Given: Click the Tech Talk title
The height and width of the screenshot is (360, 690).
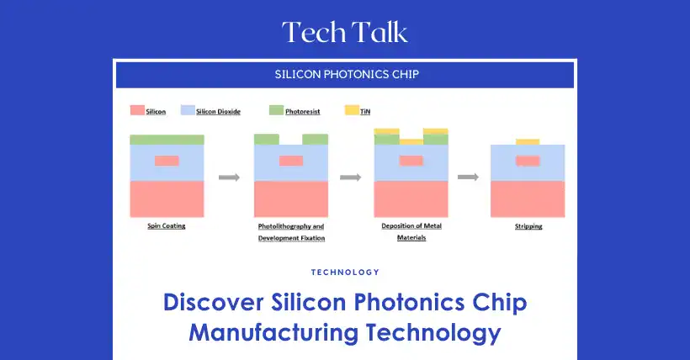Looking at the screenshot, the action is point(345,32).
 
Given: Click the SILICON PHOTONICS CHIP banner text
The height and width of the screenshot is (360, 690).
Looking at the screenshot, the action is point(347,74).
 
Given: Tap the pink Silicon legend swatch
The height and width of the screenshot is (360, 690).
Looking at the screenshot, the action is point(137,110).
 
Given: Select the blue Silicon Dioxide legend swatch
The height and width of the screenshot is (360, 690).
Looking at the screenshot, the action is point(188,110).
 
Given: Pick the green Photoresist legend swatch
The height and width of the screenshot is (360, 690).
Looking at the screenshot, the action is point(276,110).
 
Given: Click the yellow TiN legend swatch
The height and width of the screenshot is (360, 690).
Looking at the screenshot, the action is point(352,110).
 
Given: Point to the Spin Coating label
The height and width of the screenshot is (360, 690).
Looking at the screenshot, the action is point(167,225).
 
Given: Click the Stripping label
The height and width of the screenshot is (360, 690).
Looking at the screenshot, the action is point(528,226).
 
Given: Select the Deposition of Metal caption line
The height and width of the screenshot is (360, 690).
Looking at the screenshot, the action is point(411,225).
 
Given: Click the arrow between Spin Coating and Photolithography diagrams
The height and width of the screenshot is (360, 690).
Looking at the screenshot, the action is point(229,177).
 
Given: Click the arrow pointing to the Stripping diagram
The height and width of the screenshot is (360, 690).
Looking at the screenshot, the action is point(468,177).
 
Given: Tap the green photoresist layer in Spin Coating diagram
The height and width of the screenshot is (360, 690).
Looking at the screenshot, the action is point(167,140).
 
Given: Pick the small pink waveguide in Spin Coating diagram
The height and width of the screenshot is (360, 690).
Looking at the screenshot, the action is point(167,161).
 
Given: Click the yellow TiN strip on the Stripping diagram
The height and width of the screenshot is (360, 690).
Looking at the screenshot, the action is point(528,141).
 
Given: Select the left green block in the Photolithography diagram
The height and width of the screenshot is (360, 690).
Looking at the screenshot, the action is point(267,140).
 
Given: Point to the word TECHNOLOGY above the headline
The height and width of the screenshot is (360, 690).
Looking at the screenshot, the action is point(345,273).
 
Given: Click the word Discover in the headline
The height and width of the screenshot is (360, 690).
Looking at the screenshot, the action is point(214,302).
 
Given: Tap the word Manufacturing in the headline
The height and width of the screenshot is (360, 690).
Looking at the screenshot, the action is point(273,333).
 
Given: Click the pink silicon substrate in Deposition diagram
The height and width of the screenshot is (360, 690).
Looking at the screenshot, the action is point(411,199).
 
